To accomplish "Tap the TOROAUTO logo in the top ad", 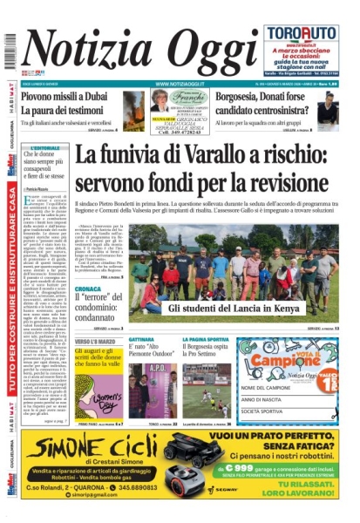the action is point(301,33).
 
